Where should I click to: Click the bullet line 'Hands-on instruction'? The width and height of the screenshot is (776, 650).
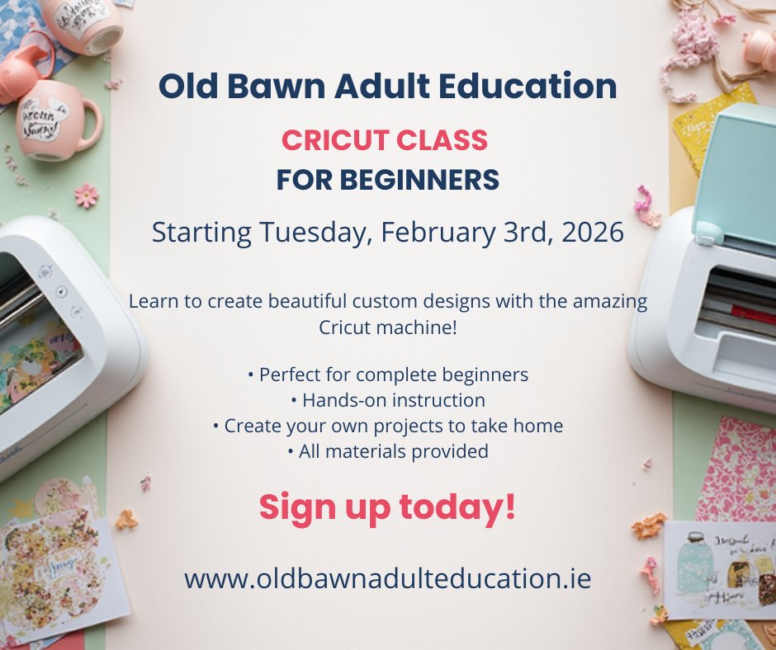tap(387, 400)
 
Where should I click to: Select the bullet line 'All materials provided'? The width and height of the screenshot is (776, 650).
tap(387, 451)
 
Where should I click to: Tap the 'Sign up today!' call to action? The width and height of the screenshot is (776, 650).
tap(387, 507)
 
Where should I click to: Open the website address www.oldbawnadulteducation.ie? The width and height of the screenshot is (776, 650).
tap(387, 577)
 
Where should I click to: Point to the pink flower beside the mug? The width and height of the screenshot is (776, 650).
tap(86, 195)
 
